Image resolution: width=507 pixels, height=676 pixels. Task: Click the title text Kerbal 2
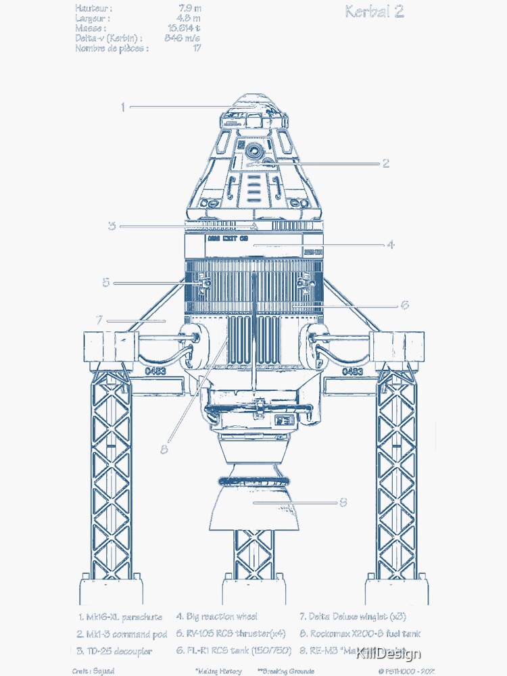374,11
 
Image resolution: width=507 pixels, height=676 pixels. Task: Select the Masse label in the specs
90,28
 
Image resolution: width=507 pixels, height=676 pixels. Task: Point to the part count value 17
196,49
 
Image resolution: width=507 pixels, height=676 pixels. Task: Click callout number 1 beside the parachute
123,107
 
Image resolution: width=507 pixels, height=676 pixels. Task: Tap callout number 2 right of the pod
385,163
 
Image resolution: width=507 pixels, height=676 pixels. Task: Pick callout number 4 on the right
391,245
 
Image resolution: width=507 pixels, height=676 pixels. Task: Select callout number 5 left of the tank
105,283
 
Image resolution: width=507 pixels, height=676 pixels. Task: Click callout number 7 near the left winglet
99,320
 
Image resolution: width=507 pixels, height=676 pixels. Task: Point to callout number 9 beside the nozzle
343,502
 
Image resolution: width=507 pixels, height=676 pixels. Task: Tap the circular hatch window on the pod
254,149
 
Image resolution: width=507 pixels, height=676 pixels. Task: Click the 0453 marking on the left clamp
155,372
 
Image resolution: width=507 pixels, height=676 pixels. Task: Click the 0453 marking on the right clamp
352,372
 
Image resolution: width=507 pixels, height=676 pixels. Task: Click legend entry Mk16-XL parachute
120,617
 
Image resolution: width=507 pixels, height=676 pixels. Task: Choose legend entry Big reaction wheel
216,617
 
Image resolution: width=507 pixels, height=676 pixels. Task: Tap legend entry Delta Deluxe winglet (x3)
353,617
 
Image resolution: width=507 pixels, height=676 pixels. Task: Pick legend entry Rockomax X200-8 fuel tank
360,634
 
